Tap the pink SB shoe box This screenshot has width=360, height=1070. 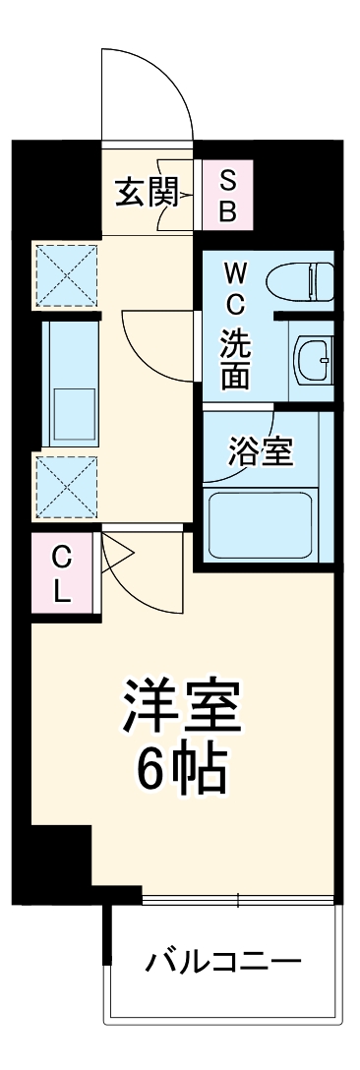point(227,196)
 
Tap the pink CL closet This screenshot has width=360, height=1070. point(61,576)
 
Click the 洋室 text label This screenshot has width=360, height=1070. point(181,707)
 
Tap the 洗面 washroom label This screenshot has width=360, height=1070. point(235,358)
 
